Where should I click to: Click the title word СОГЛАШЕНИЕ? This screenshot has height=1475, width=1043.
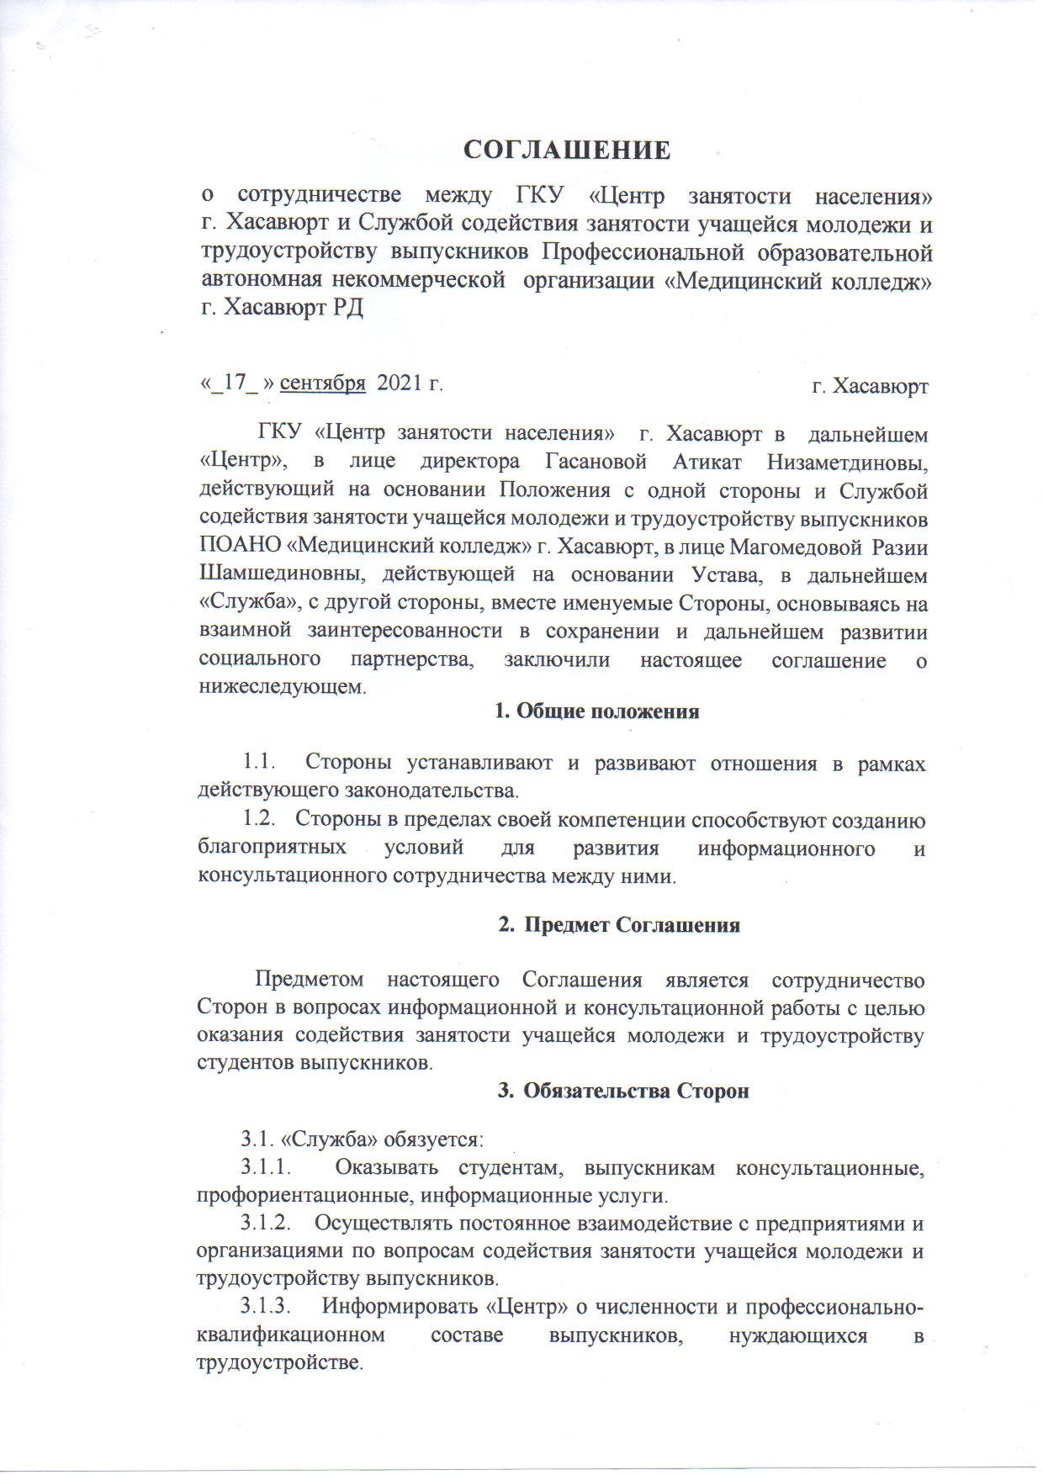point(569,151)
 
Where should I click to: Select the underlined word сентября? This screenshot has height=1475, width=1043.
point(322,383)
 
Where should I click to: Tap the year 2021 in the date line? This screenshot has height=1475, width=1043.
point(400,383)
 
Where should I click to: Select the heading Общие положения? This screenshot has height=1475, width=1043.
point(607,711)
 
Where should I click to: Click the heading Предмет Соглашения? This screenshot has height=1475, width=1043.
point(632,925)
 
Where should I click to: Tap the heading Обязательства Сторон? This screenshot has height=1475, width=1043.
point(635,1092)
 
